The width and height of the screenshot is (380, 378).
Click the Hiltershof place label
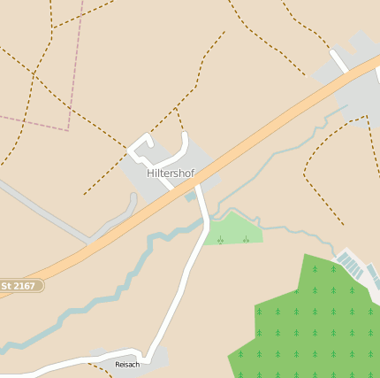171,174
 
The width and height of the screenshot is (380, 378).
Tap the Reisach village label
127,364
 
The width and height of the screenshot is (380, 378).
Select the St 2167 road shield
19,286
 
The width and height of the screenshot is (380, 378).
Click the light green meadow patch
235,229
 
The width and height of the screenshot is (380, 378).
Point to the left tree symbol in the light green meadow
220,239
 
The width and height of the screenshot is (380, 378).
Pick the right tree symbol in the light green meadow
246,239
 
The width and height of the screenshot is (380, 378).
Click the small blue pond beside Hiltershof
190,197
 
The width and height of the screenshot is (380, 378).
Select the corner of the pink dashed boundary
68,129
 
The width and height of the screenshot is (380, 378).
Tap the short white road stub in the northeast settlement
338,61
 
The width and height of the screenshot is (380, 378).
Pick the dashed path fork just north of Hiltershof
177,110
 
